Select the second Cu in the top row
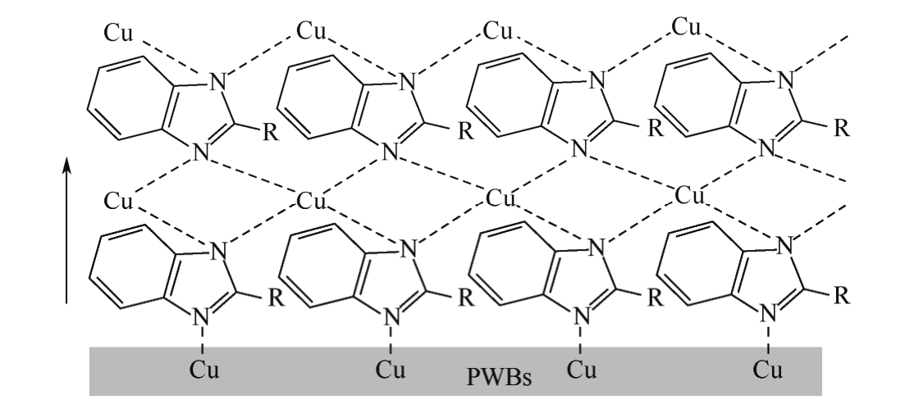(x=312, y=32)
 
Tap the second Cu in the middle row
(x=312, y=200)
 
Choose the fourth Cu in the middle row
(x=689, y=195)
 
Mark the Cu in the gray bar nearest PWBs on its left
(x=392, y=368)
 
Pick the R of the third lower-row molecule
(x=655, y=294)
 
